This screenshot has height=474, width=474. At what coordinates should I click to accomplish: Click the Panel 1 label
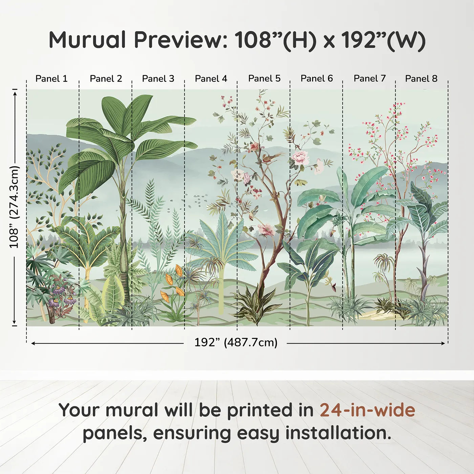tap(51, 79)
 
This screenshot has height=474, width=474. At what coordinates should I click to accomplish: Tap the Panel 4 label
tap(211, 79)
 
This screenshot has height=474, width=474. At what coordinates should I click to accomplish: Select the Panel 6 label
tap(317, 79)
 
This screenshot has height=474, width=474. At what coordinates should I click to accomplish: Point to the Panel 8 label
tap(422, 79)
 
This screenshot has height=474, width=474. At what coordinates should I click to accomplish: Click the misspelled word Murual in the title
tap(87, 40)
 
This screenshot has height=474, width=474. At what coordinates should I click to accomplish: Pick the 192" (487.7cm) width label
tap(236, 342)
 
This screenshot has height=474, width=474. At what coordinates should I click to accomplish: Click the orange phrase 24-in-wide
tap(368, 410)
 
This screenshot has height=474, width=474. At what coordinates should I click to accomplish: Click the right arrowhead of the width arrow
tap(443, 343)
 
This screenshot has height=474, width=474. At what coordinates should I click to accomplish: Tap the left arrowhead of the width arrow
tap(34, 343)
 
